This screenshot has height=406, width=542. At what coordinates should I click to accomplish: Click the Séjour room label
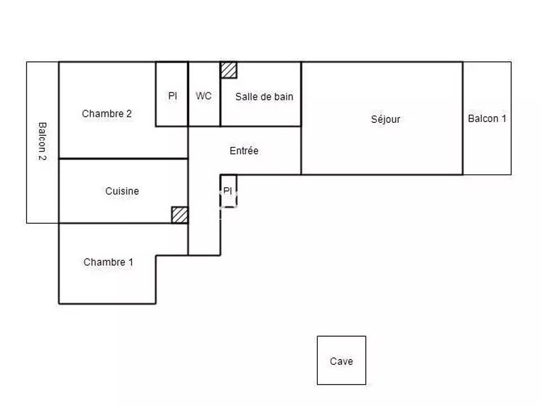click(x=386, y=119)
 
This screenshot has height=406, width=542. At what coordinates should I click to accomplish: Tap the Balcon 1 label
click(x=487, y=118)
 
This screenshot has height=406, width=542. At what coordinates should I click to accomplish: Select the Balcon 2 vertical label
click(x=42, y=141)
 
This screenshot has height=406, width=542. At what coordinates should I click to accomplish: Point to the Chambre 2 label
click(x=107, y=113)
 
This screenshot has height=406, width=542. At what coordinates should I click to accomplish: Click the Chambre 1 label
click(x=108, y=262)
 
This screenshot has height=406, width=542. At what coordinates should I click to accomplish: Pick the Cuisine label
click(x=122, y=191)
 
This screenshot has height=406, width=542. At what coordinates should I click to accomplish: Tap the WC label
click(x=204, y=96)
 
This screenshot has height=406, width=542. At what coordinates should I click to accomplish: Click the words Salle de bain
click(x=264, y=96)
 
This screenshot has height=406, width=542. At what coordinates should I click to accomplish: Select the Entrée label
click(x=244, y=151)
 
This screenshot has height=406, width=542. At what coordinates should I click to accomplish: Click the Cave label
click(x=341, y=361)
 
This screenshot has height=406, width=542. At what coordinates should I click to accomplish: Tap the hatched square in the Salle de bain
click(x=229, y=70)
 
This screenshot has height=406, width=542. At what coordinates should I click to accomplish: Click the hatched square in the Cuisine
click(x=180, y=215)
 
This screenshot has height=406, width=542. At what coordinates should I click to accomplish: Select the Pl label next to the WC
click(x=173, y=96)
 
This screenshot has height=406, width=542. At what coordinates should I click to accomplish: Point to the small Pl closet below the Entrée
click(x=229, y=191)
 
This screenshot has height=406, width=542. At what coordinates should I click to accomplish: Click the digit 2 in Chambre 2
click(x=129, y=113)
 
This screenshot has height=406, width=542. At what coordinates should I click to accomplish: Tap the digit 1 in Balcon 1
click(x=504, y=118)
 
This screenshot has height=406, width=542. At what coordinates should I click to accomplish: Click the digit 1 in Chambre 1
click(x=130, y=262)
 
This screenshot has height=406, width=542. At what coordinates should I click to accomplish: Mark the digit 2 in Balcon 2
click(x=42, y=158)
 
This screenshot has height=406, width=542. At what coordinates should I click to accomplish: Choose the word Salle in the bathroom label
click(x=244, y=96)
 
